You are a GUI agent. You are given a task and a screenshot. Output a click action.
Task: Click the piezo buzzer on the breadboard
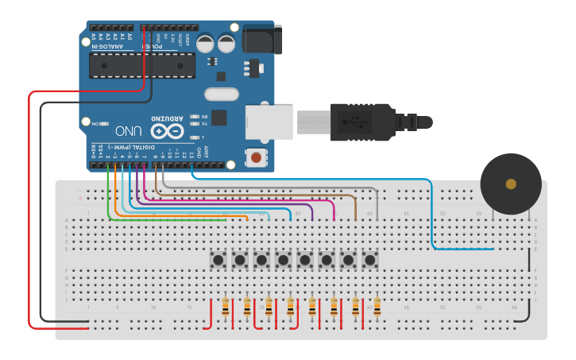(511, 184)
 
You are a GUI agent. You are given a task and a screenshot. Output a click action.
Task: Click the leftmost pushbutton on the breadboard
(217, 259)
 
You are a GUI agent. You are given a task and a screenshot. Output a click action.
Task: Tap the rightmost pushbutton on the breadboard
(369, 259)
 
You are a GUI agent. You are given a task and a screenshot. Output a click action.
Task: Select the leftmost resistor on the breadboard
(226, 307)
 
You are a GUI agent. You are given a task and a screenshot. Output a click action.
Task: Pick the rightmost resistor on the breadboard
(377, 307)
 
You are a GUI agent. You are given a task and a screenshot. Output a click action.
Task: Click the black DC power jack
(261, 40)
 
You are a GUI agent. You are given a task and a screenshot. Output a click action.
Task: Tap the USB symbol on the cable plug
(354, 122)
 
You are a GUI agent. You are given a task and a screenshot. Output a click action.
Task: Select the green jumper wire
(108, 199)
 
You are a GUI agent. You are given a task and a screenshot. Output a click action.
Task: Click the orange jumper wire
(116, 199)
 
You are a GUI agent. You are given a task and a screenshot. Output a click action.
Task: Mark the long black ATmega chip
(141, 66)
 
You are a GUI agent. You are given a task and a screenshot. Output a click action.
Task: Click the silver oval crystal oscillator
(222, 95)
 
